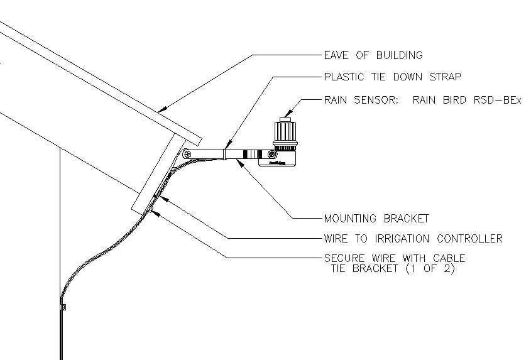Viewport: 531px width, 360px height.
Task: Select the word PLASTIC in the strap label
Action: pyautogui.click(x=344, y=77)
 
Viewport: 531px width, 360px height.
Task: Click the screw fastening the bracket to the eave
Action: pyautogui.click(x=187, y=153)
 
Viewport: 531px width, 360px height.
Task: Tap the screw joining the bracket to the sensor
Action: pyautogui.click(x=271, y=154)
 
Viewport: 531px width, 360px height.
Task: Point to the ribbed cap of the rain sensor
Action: pyautogui.click(x=286, y=132)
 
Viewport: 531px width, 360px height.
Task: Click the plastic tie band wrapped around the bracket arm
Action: pyautogui.click(x=224, y=153)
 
